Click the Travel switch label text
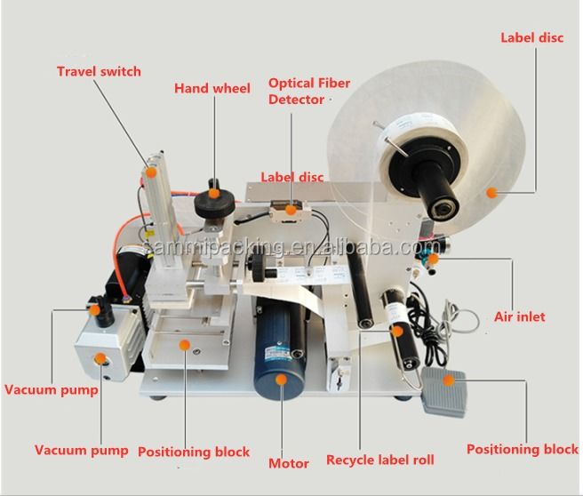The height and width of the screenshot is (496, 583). tap(99, 71)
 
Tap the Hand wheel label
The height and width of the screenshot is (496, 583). tap(212, 89)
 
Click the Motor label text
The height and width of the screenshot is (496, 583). tap(289, 463)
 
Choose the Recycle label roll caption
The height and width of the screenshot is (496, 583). tap(379, 460)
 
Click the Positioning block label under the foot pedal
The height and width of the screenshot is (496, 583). tap(522, 450)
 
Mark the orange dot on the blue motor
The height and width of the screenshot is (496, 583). tap(283, 379)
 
